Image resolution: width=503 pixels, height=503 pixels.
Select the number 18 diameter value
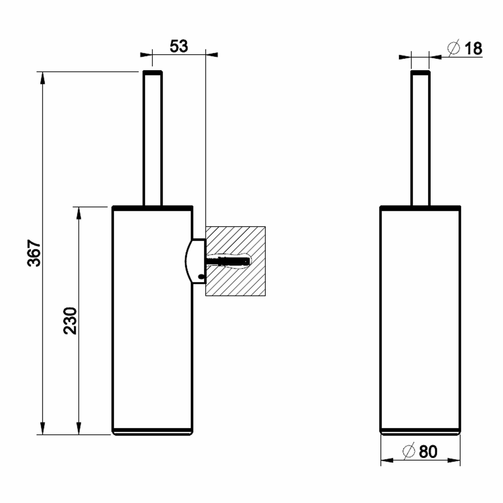click(473, 49)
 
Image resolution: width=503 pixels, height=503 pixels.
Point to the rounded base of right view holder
click(420, 433)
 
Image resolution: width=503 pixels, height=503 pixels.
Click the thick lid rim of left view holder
click(153, 208)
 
